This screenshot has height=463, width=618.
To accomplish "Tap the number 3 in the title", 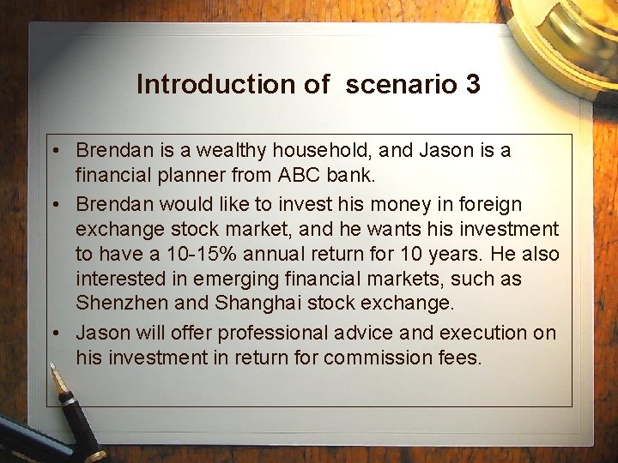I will [472, 84].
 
